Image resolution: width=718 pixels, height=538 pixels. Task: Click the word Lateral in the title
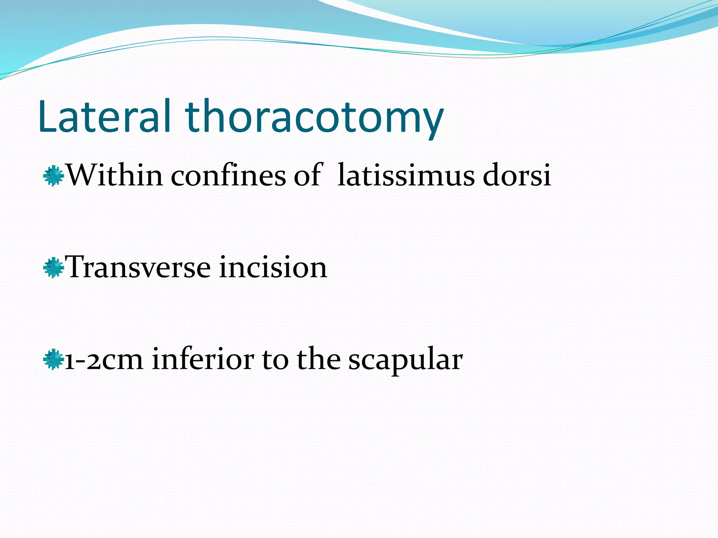(x=104, y=117)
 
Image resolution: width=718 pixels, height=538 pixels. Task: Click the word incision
(x=273, y=267)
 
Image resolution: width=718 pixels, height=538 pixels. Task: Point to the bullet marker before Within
(x=53, y=176)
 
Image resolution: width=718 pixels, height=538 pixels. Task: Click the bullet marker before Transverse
(x=53, y=268)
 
